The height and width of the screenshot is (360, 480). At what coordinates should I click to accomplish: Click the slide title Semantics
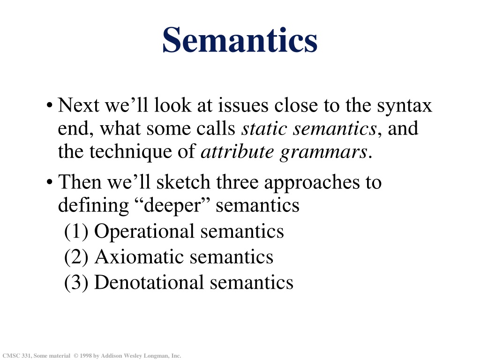tap(240, 40)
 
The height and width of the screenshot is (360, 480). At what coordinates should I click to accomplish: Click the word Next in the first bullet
tap(78, 105)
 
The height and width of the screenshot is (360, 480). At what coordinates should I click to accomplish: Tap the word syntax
tap(404, 107)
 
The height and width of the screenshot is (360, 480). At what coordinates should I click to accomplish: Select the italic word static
tap(264, 128)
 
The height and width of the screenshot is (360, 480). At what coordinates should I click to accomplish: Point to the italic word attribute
tap(237, 151)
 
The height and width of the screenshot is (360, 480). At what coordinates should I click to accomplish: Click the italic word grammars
tap(323, 153)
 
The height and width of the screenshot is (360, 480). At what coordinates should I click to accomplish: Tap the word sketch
tap(183, 182)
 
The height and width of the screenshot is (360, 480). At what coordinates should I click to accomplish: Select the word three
tap(238, 182)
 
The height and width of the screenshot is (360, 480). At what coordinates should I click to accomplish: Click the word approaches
tap(312, 184)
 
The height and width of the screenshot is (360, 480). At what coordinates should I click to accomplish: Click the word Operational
tap(144, 232)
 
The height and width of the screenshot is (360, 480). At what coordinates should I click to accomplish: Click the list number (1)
tap(76, 232)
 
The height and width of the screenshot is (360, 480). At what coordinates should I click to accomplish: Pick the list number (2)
tap(76, 257)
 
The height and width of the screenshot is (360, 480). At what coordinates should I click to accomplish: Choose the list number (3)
tap(76, 283)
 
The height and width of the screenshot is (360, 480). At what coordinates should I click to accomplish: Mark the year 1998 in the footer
tap(86, 356)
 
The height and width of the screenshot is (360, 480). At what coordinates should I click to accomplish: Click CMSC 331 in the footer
tap(16, 356)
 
